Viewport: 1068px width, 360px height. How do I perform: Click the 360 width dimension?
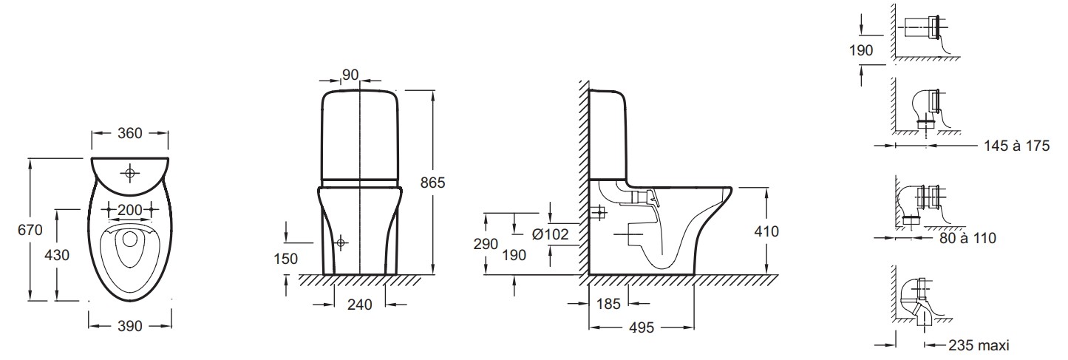129,133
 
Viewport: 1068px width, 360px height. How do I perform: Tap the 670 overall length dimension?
30,230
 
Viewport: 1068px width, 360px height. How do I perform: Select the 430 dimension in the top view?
57,255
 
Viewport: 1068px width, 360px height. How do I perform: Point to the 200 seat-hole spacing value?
129,209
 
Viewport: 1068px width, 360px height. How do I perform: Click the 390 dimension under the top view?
129,326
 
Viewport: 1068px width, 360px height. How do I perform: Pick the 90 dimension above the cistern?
350,75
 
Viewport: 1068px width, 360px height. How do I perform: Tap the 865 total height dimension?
432,182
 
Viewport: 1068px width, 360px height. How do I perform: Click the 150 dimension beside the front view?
285,259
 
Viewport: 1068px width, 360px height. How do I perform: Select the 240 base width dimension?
359,305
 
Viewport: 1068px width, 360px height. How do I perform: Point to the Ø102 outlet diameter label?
550,234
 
